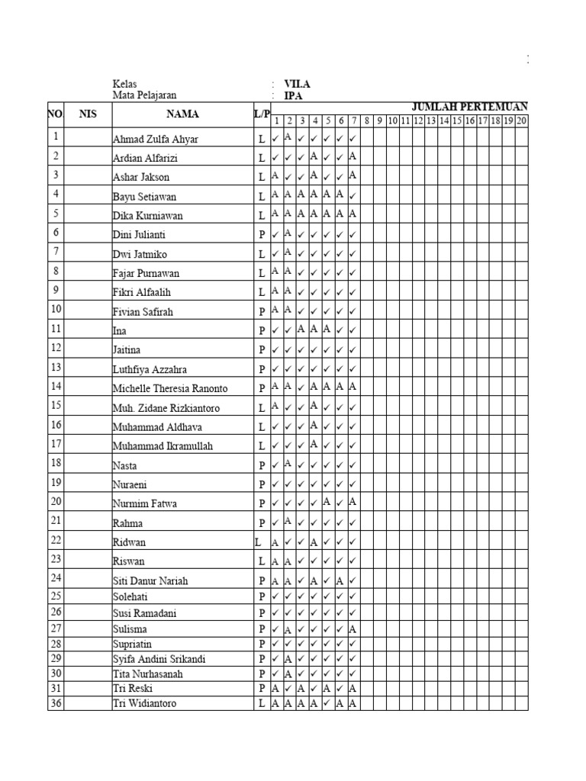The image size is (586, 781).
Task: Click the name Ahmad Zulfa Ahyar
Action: pos(155,140)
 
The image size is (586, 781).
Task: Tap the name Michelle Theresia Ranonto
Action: pos(170,388)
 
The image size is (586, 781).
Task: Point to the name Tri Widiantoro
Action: pos(145,703)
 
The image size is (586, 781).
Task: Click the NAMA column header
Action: pos(182,114)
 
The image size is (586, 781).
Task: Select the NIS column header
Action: pos(88,114)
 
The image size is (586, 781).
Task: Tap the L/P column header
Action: pos(262,114)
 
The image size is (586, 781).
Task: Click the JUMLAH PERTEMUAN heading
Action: pos(470,107)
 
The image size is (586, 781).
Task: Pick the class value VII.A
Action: pos(297,85)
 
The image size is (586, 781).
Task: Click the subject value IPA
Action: pos(293,96)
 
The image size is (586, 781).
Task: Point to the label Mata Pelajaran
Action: pos(144,95)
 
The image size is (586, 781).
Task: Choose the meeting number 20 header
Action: pos(522,121)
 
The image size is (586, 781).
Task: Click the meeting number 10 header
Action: pos(392,121)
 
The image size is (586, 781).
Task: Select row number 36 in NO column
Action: pos(56,703)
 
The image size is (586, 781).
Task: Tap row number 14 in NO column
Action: pos(56,386)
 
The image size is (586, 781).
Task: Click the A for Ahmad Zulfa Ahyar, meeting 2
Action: pos(288,137)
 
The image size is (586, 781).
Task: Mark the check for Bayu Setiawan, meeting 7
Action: pos(353,196)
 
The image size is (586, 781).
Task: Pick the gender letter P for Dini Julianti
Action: pos(261,235)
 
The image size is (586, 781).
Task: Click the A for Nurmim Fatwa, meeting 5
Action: pos(327,501)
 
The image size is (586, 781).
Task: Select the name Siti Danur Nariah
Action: pos(150,580)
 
